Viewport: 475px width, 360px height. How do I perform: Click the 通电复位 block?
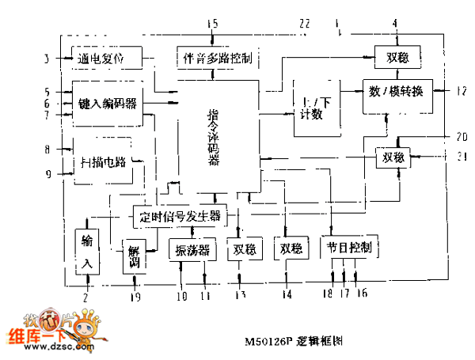coord(107,58)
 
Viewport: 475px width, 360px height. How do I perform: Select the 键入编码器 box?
coord(108,104)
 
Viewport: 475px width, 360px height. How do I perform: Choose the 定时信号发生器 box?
coord(179,215)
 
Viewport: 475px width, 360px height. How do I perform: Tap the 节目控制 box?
coord(349,248)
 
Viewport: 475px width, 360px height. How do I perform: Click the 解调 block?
coord(133,257)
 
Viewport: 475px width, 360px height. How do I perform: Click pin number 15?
coord(212,24)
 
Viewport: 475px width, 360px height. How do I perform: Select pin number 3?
coord(47,59)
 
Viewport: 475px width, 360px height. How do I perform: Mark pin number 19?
coord(134,296)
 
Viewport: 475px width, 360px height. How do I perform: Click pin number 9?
coord(47,174)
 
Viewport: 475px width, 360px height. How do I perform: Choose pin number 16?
coord(363,294)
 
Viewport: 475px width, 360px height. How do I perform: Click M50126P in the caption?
coord(274,341)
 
